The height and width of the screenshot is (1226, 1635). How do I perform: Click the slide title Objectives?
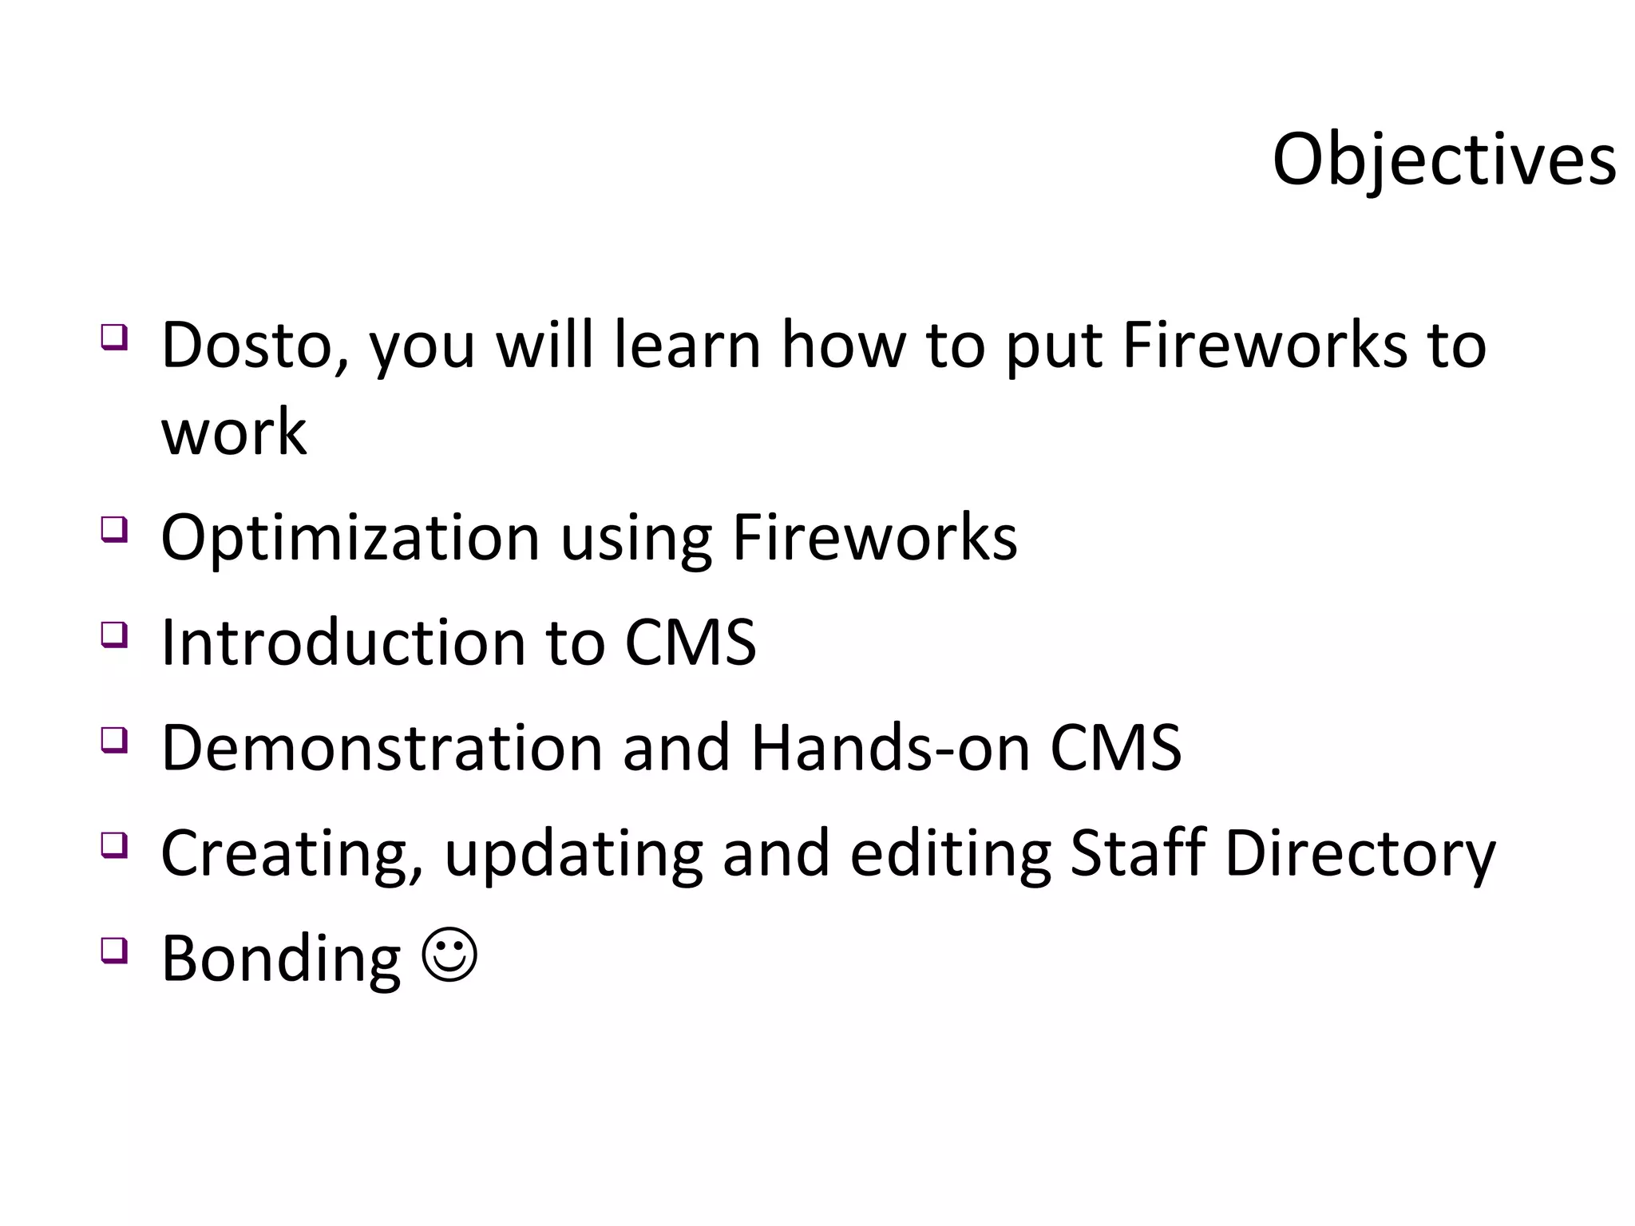(x=1443, y=160)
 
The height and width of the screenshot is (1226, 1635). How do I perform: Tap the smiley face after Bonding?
(x=450, y=955)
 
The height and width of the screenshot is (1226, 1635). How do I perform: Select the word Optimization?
(x=350, y=538)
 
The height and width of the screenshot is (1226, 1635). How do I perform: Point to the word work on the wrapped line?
(x=233, y=433)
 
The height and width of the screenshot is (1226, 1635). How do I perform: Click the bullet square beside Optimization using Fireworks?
(x=113, y=528)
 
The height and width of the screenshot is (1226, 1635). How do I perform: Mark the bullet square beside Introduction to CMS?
(x=113, y=634)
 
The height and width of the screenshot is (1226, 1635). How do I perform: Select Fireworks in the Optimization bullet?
(x=874, y=538)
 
